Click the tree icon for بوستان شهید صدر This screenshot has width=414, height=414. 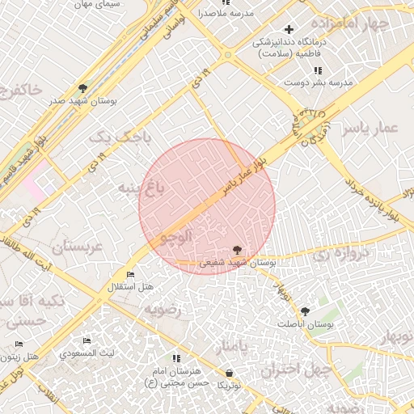[82, 88]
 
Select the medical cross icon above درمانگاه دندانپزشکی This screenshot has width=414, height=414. [289, 29]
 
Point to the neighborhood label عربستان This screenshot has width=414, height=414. [77, 247]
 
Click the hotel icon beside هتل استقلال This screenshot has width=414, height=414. [131, 275]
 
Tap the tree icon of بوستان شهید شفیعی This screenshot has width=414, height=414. [236, 250]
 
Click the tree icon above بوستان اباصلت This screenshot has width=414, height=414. [305, 311]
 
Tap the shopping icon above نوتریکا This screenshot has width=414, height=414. [230, 374]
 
